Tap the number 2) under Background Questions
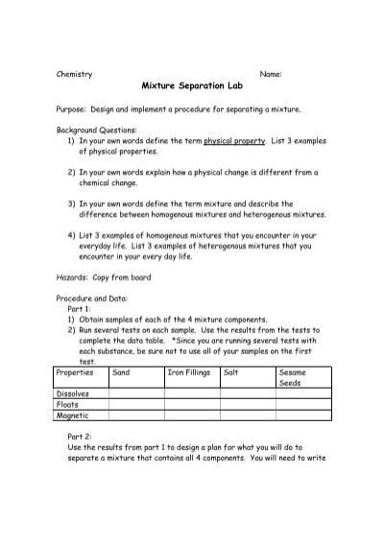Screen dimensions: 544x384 [72, 173]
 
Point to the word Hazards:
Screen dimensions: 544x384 [77, 275]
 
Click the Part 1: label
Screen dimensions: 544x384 [81, 310]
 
